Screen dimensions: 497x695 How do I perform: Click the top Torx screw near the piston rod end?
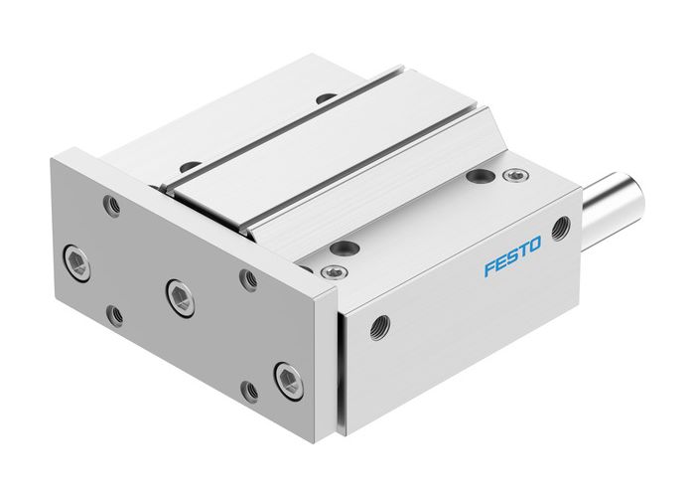pos(512,176)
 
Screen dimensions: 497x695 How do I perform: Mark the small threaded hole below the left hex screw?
pos(117,315)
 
